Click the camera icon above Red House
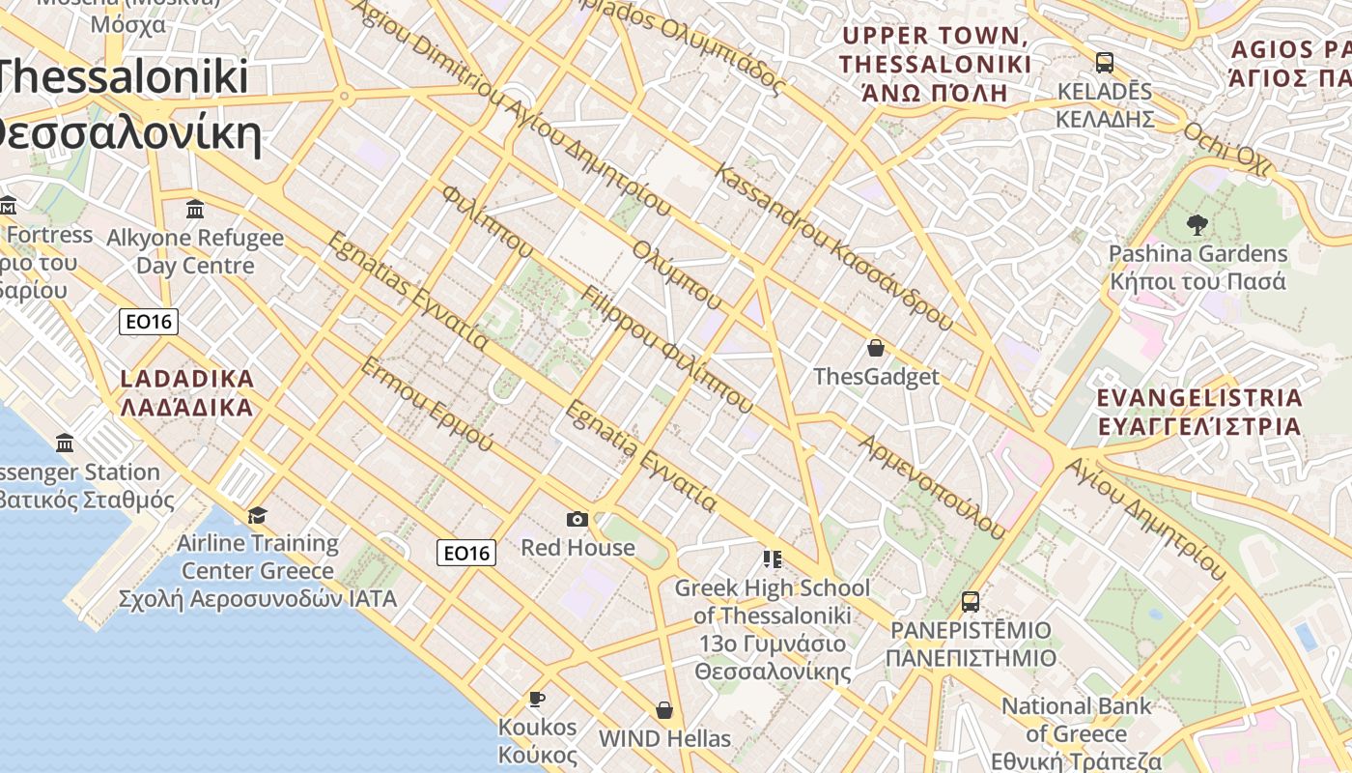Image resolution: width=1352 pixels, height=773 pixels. click(x=577, y=520)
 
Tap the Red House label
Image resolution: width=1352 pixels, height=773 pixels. click(x=577, y=548)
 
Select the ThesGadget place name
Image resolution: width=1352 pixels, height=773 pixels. click(x=876, y=376)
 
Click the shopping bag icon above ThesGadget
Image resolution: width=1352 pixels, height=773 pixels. click(x=876, y=348)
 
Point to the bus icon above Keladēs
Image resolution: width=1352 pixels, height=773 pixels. click(x=1104, y=63)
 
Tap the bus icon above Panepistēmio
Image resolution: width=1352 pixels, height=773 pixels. click(x=971, y=602)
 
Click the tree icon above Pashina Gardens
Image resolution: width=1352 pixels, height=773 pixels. click(x=1197, y=226)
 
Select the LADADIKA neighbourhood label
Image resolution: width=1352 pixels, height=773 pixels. click(x=187, y=392)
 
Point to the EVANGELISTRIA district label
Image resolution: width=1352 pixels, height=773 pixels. click(x=1199, y=412)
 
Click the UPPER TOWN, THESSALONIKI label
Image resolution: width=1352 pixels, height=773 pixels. click(x=935, y=64)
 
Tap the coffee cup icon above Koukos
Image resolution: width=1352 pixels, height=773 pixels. click(x=538, y=699)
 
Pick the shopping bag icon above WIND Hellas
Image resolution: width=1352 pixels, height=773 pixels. click(x=664, y=711)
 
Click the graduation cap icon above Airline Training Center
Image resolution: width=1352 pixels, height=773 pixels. click(x=257, y=516)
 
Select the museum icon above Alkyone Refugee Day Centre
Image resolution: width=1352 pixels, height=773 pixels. click(x=195, y=209)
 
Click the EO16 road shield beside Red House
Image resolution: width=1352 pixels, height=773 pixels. click(x=466, y=553)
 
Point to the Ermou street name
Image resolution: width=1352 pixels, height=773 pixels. click(x=427, y=404)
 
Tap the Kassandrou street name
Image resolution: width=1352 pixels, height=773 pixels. click(x=835, y=248)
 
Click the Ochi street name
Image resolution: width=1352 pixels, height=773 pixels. click(x=1227, y=150)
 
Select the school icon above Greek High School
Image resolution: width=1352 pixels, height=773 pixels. click(x=772, y=559)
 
